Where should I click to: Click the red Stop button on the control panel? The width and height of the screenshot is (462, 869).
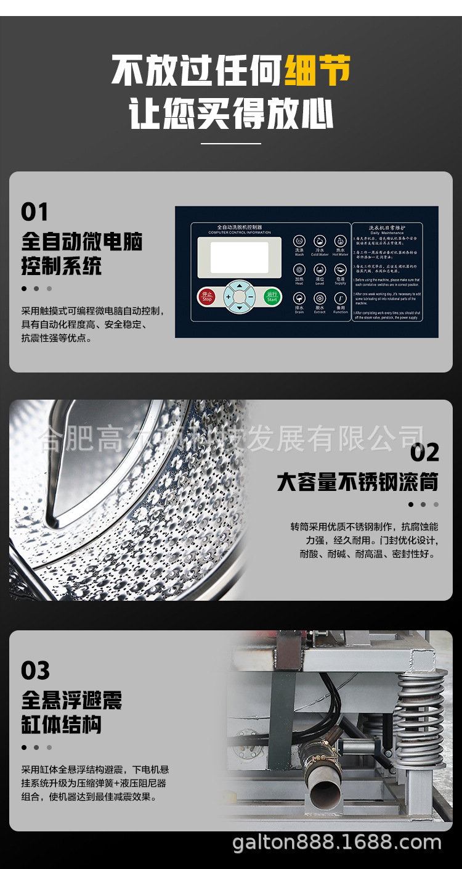[x=206, y=297]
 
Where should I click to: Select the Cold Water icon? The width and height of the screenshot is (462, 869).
[x=319, y=242]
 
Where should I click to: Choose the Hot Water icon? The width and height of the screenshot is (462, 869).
[x=340, y=242]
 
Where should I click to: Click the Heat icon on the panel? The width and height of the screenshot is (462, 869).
[x=299, y=270]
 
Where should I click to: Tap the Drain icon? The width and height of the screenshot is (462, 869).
[x=299, y=299]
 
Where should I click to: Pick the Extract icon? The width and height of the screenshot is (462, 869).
[x=319, y=299]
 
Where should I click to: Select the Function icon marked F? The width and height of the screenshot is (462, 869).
[x=340, y=299]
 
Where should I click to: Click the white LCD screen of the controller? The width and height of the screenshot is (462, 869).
[x=240, y=257]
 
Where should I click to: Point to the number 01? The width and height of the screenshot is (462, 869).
[x=34, y=212]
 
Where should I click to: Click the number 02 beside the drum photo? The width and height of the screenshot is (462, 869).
[x=424, y=453]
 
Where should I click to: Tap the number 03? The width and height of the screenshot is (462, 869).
[x=35, y=670]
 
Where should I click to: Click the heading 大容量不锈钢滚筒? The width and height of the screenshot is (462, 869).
[x=357, y=482]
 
